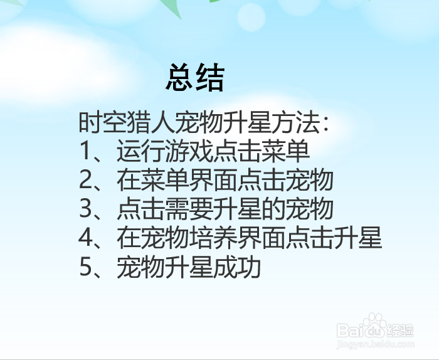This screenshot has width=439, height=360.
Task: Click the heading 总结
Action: [x=195, y=78]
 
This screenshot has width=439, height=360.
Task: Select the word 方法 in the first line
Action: [x=294, y=122]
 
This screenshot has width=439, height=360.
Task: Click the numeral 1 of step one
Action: [x=86, y=151]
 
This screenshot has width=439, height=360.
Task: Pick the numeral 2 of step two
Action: [x=86, y=181]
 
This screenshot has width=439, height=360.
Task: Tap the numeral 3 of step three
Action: [x=86, y=209]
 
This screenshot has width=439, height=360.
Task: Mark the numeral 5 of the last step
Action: [x=86, y=268]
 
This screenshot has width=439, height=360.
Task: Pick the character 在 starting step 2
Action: [x=129, y=181]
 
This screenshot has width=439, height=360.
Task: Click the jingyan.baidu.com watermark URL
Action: [x=375, y=344]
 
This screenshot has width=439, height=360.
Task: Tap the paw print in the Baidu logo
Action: [x=376, y=327]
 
